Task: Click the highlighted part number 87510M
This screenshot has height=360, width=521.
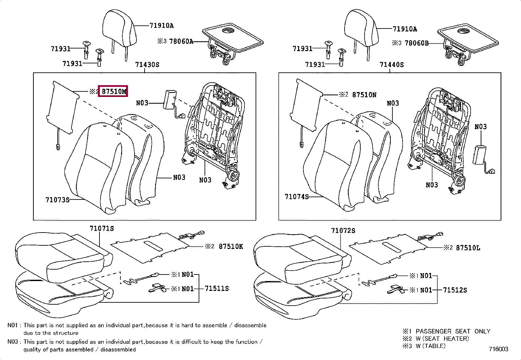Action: coord(114,92)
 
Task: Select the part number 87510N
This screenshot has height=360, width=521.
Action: coord(364,95)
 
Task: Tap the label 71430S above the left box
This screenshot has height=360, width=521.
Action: coord(147,65)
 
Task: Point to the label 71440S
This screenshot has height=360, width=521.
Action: coord(391,65)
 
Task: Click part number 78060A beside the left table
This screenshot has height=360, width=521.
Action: coord(181,42)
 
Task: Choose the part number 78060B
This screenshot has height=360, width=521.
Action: coord(416,43)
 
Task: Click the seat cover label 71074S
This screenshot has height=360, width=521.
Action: coord(296,197)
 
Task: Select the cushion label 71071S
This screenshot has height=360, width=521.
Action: coord(102,228)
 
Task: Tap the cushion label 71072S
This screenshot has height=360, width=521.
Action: coord(343,231)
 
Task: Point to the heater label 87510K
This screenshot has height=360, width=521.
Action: coord(231,246)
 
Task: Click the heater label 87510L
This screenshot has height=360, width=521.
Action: coord(468,248)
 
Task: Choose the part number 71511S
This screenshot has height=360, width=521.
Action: coord(217,289)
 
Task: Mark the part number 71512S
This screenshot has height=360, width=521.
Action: coord(455,290)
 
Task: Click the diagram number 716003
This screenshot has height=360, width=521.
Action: coord(499,349)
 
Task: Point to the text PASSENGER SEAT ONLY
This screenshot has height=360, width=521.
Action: coord(453,331)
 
